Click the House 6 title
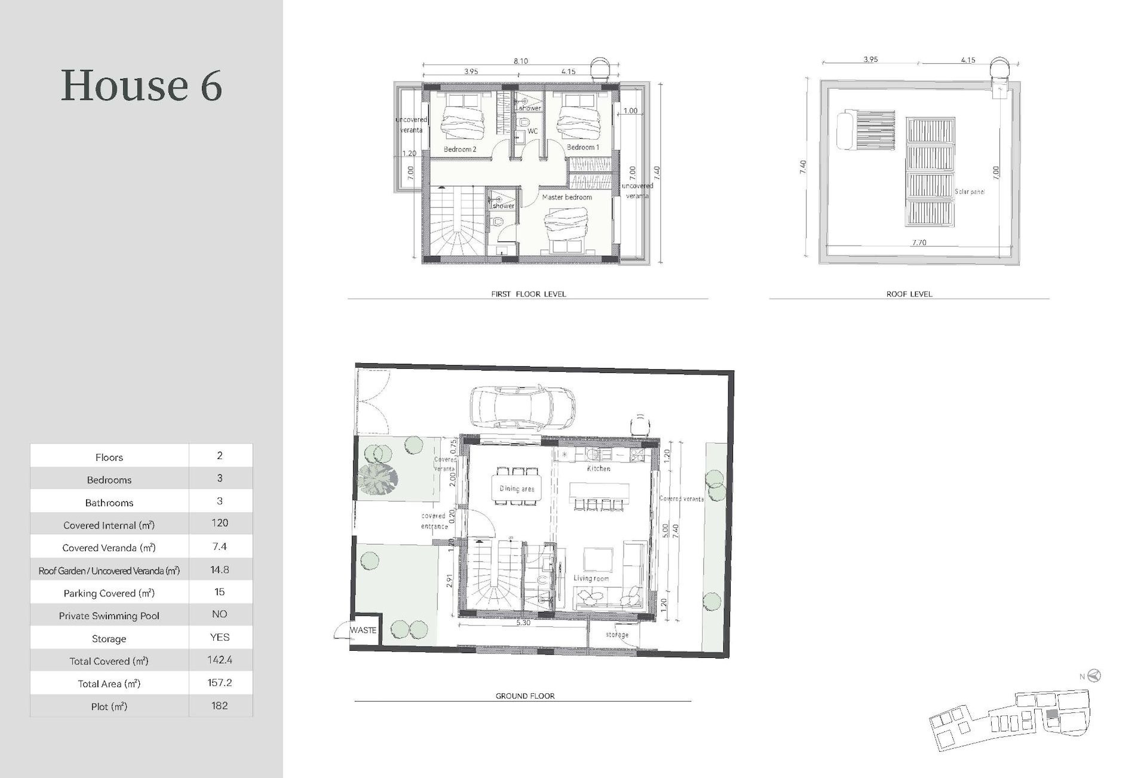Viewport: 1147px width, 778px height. coord(142,85)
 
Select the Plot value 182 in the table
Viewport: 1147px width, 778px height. coord(219,706)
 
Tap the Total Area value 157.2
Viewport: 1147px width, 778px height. coord(219,683)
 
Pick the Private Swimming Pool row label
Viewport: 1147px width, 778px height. coord(109,616)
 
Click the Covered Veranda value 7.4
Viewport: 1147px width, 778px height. coord(219,546)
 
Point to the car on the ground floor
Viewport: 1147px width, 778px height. coord(523,406)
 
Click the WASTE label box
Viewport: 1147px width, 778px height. coord(364,630)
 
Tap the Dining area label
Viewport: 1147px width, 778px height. coord(517,489)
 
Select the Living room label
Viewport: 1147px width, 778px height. coord(591,578)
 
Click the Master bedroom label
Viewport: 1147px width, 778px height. coord(567,197)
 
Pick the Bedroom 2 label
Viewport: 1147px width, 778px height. coord(460,149)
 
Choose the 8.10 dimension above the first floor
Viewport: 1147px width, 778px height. coord(520,61)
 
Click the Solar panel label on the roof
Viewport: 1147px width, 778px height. coord(969,192)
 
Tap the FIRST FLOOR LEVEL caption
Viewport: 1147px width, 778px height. coord(528,294)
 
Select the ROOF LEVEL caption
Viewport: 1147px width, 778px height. coord(909,294)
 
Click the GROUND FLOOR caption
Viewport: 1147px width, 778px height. coord(525,696)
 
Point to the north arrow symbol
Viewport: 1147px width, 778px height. coord(1094,676)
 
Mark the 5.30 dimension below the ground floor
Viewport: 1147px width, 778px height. coord(523,623)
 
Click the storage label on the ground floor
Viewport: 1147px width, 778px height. coord(617,635)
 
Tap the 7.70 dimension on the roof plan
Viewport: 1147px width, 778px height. coord(919,243)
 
